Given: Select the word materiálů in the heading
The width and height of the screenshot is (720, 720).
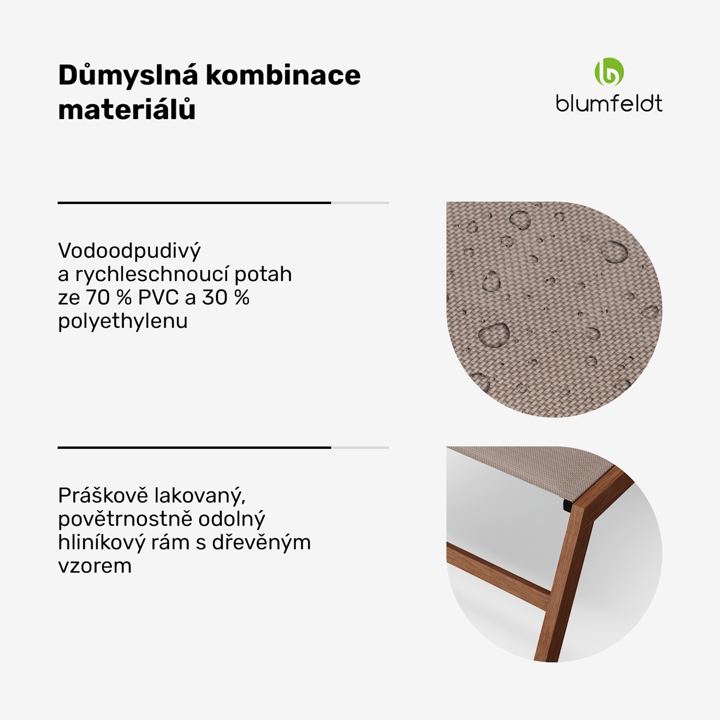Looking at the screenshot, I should tap(127, 109).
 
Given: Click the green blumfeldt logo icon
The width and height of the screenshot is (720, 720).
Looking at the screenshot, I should tap(609, 72).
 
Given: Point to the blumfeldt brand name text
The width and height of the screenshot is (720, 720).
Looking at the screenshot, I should tap(609, 104).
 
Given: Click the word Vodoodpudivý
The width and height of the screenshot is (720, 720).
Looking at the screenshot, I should tap(129, 251).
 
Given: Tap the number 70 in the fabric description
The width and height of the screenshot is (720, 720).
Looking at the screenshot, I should tap(98, 298).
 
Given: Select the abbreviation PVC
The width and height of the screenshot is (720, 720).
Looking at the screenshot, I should tap(158, 298).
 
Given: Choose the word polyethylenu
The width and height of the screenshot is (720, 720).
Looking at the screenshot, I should tap(123, 322).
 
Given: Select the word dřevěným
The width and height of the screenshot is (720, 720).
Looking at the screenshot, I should tap(261, 542).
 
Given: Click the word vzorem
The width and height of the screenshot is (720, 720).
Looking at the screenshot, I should tap(95, 566).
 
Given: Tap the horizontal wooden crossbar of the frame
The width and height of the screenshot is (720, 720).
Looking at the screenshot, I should tap(499, 572).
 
